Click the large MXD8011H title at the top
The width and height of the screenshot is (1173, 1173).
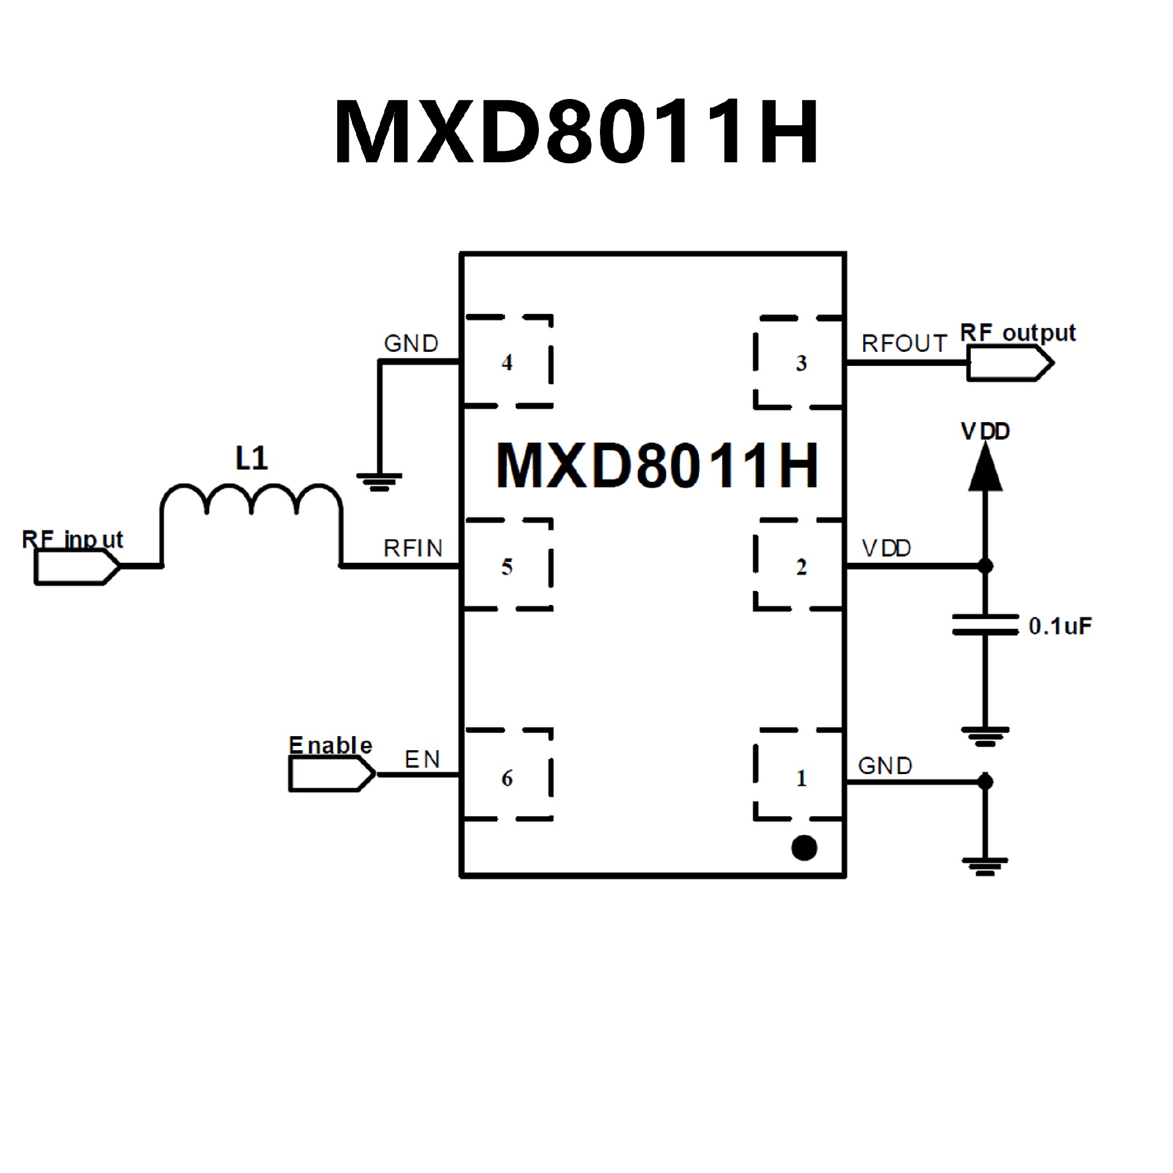[x=576, y=132]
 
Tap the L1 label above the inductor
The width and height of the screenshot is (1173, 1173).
[x=251, y=458]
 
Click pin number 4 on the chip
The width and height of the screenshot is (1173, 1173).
[x=506, y=363]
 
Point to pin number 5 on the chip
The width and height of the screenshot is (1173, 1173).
[x=506, y=567]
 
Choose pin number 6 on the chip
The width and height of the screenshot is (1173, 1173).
[x=506, y=778]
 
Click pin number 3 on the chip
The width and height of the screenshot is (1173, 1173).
[x=801, y=364]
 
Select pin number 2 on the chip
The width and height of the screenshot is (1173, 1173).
[x=801, y=568]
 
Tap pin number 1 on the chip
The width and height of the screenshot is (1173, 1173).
[x=801, y=778]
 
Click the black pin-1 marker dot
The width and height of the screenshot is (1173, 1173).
[x=803, y=847]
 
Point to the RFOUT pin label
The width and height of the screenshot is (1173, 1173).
[x=904, y=344]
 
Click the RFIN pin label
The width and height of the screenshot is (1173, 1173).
[x=412, y=549]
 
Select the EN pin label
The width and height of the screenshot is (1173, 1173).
[x=422, y=759]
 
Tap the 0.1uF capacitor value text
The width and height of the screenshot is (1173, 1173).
[x=1060, y=626]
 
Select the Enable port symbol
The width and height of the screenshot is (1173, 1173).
[x=331, y=775]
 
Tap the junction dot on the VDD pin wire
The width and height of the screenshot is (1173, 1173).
[x=985, y=566]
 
